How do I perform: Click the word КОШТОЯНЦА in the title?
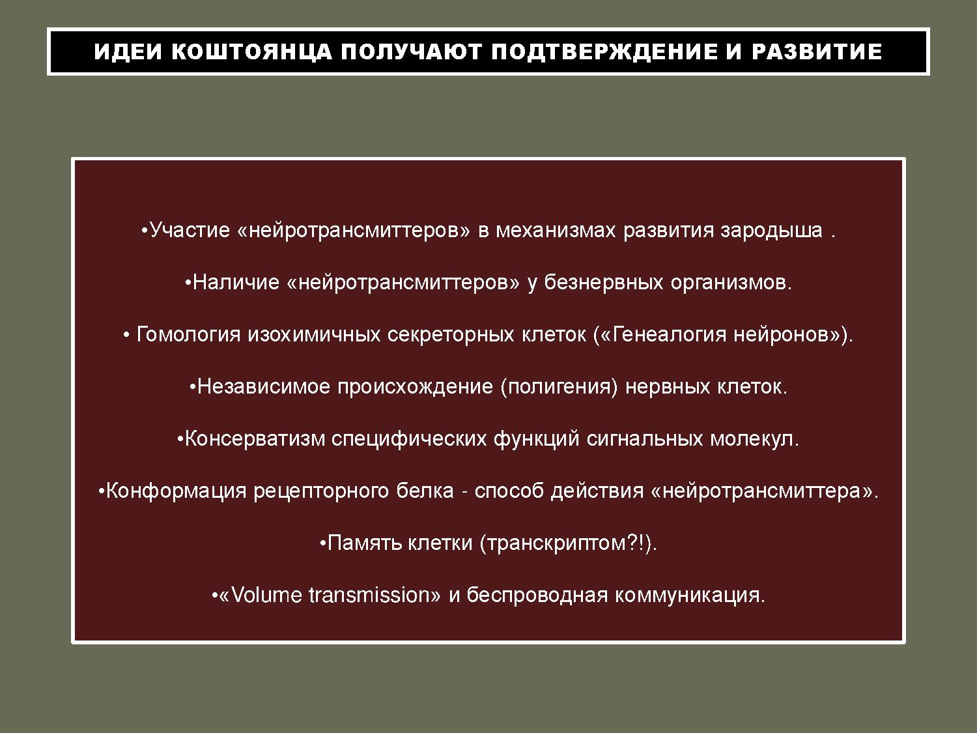click(252, 51)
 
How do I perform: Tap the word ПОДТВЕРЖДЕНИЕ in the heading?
click(604, 51)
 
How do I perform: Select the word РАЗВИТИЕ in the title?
click(817, 51)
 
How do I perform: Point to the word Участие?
click(190, 231)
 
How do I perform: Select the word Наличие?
click(236, 282)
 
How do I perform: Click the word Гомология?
click(188, 335)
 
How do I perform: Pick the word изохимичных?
click(314, 335)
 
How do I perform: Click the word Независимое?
click(264, 386)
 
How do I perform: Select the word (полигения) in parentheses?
click(559, 387)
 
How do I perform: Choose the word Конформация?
click(177, 491)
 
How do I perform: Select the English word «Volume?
click(261, 595)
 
